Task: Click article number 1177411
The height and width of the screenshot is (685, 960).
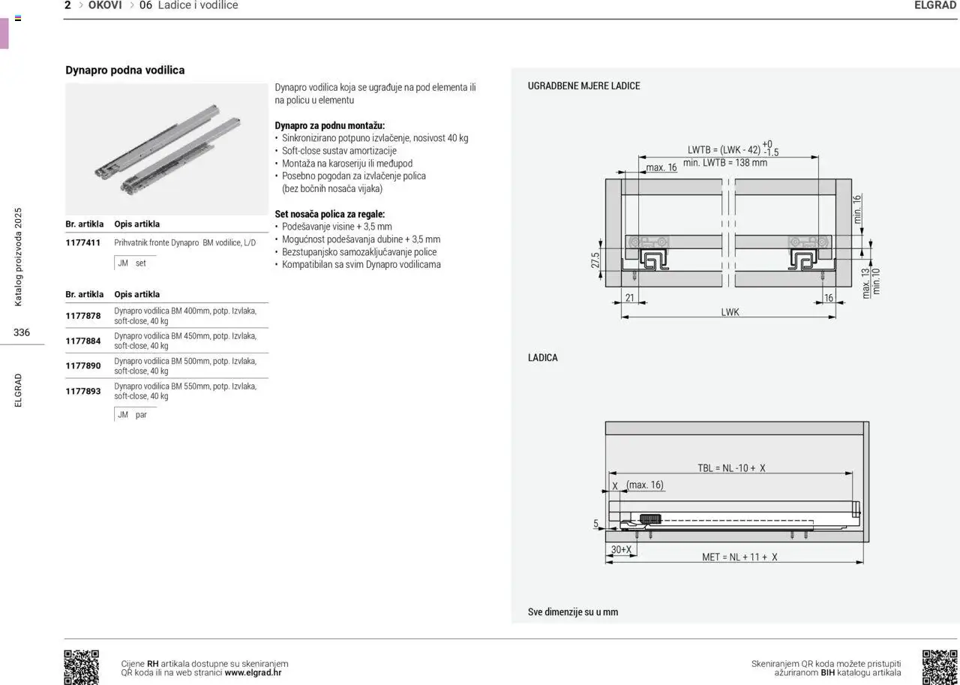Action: (82, 242)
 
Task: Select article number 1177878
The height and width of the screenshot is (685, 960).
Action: (82, 316)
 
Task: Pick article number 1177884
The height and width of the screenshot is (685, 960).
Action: (82, 341)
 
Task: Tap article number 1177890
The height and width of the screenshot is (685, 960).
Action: (82, 365)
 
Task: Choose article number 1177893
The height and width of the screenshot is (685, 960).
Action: (82, 391)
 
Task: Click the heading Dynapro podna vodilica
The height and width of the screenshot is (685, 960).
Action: (124, 70)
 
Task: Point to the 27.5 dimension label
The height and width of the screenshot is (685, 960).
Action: (595, 260)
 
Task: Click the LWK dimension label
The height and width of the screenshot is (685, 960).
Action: (730, 312)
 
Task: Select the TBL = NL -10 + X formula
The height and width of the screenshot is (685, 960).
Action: (731, 467)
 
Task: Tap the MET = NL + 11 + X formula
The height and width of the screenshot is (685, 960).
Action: (739, 557)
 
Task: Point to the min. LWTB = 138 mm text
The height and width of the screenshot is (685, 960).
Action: (725, 163)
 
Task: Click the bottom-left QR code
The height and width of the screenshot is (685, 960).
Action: (81, 667)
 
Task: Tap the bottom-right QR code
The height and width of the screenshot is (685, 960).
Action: (939, 667)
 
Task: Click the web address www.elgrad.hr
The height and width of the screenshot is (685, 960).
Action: (253, 672)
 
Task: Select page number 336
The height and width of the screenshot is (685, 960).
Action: (22, 332)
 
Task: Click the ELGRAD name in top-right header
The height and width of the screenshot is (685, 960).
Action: (935, 5)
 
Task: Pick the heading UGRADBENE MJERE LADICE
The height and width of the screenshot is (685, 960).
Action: (583, 86)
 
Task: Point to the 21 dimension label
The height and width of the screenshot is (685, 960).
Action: (630, 298)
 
